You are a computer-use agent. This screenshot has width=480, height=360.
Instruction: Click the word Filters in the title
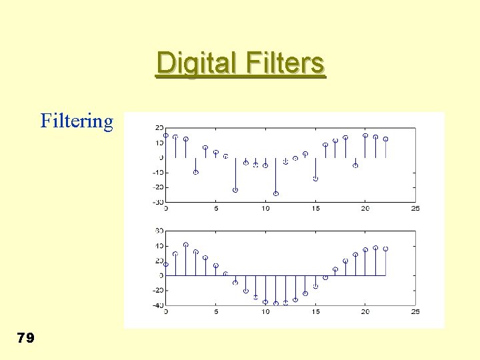click(285, 64)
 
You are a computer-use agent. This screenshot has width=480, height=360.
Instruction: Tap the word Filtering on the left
click(77, 121)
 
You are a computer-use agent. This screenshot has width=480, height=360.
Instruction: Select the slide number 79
click(25, 339)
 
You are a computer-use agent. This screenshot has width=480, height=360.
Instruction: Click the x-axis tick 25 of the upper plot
click(415, 209)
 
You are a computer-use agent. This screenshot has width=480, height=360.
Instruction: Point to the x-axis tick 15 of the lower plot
click(315, 312)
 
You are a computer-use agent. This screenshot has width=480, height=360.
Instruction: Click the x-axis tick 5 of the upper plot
click(216, 209)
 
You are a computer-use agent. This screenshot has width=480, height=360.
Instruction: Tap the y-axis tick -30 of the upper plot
click(157, 202)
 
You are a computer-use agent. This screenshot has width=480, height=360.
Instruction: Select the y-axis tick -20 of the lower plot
click(157, 291)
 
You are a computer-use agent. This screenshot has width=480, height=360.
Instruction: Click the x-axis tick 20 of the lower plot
click(365, 312)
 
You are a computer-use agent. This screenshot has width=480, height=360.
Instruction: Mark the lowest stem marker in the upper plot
click(276, 194)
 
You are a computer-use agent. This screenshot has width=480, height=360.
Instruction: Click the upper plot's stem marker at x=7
click(235, 190)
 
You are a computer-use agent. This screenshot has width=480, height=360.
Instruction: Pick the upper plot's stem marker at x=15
click(315, 179)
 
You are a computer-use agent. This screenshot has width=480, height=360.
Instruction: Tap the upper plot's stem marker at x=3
click(196, 172)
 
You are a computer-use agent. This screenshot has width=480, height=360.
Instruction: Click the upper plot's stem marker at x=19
click(355, 165)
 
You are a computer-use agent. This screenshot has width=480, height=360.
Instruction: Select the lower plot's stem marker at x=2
click(186, 245)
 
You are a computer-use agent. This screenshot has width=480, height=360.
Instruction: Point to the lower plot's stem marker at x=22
click(385, 249)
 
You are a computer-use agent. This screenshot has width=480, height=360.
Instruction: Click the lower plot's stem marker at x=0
click(166, 264)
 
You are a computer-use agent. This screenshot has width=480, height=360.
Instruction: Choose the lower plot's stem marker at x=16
click(325, 277)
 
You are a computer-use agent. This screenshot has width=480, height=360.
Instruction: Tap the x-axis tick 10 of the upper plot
click(265, 209)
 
